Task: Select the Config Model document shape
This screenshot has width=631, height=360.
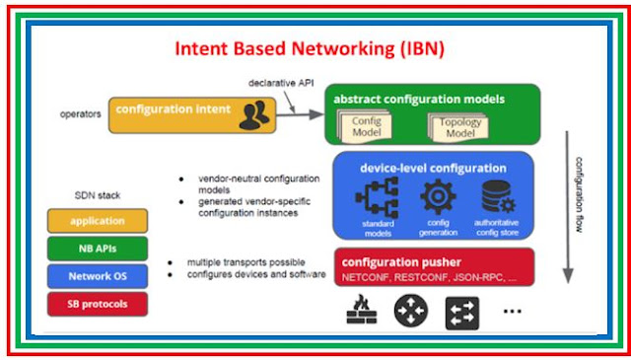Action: click(366, 125)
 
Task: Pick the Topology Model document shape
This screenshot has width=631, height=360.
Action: click(456, 125)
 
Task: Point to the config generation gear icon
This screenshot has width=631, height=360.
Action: click(438, 198)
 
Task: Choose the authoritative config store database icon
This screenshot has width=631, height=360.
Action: click(495, 198)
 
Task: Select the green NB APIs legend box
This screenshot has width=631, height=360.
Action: click(97, 250)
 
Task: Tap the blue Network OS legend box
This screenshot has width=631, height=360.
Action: click(97, 277)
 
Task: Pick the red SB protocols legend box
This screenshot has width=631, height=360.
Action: click(97, 304)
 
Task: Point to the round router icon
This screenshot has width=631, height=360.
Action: click(410, 313)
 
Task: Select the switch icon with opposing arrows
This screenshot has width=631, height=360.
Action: click(463, 313)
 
